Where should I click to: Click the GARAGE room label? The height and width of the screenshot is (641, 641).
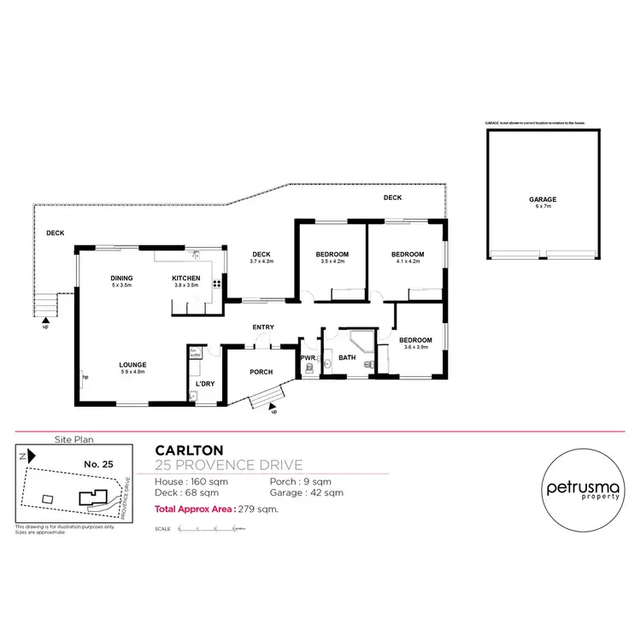tap(542, 199)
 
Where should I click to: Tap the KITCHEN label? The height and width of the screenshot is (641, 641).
tap(186, 279)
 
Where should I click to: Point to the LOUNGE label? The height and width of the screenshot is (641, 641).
tap(132, 364)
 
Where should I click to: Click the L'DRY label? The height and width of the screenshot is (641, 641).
tap(204, 385)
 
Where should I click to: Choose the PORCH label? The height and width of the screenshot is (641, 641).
tap(261, 372)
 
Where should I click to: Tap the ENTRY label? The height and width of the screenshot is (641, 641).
tap(262, 327)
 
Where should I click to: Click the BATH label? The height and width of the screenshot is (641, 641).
tap(347, 357)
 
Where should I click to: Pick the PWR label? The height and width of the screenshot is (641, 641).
tap(308, 357)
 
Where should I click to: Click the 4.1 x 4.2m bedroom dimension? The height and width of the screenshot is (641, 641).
tap(408, 262)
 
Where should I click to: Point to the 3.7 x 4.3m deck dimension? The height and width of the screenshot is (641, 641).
tap(261, 262)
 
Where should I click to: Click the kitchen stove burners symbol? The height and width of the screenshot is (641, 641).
tap(217, 285)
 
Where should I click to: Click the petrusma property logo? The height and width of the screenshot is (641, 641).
tap(580, 489)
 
